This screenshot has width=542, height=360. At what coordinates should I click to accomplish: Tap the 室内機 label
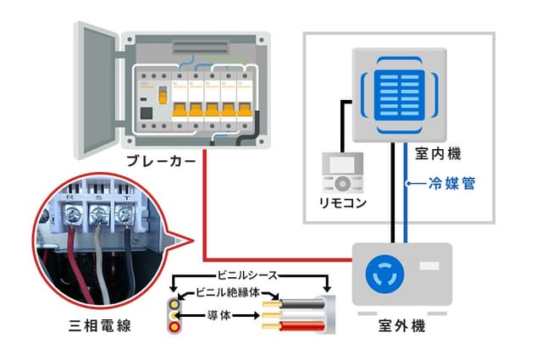[x=438, y=155]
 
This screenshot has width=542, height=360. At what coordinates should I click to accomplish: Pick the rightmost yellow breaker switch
[x=243, y=110]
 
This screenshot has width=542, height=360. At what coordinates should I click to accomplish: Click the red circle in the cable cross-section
[x=175, y=326]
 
